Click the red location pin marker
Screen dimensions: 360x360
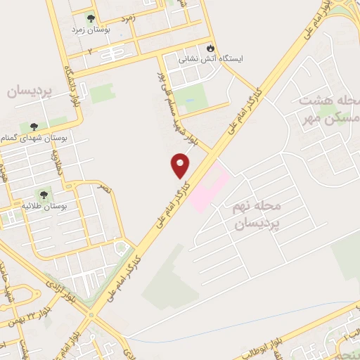pyautogui.click(x=181, y=165)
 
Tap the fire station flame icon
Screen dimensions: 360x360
pyautogui.click(x=210, y=47)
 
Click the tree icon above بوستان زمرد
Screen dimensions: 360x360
pyautogui.click(x=90, y=18)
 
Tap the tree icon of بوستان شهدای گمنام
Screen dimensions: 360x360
pyautogui.click(x=34, y=127)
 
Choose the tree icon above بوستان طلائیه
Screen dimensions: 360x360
pyautogui.click(x=44, y=192)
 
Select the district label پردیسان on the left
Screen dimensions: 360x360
pyautogui.click(x=30, y=92)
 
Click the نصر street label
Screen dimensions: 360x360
pyautogui.click(x=103, y=189)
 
